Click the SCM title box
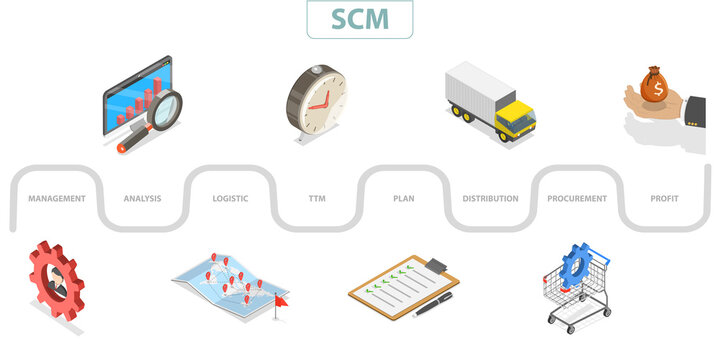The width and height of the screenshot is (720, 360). (x=359, y=19)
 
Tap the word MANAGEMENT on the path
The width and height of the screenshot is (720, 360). (x=57, y=198)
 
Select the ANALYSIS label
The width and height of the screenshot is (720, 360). (x=142, y=198)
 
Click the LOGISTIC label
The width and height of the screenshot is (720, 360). (x=230, y=198)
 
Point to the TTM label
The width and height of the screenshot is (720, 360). (x=317, y=198)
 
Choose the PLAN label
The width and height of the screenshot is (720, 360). (x=403, y=198)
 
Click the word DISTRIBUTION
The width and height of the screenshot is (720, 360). (x=490, y=198)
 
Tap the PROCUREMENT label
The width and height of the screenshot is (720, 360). (x=577, y=198)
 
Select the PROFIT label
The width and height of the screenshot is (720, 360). (x=664, y=198)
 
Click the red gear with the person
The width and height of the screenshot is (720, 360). (x=56, y=280)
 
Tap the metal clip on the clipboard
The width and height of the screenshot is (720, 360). (x=436, y=265)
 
